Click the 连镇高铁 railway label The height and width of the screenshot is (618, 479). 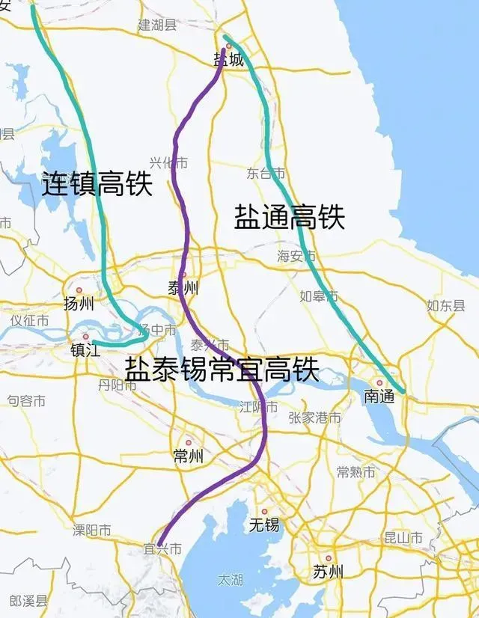pos(97,184)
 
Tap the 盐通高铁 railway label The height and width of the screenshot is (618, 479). pos(290,217)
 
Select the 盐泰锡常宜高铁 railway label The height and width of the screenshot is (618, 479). pos(222,369)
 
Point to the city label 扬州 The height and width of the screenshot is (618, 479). pos(79,304)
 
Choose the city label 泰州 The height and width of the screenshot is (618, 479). pos(183,288)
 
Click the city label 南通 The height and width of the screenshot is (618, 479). pos(379,397)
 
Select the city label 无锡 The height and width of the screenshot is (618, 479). pos(264,525)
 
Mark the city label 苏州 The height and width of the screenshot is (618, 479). pos(328,572)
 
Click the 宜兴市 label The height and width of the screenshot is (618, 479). pos(163,549)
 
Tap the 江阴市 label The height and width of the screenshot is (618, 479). pos(259,408)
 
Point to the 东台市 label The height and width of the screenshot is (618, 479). pos(266,174)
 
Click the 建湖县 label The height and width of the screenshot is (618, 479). pos(157,25)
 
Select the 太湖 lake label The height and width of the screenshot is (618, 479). pos(230,580)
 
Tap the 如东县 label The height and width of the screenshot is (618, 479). pos(446,305)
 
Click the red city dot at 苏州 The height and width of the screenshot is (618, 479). pos(328,558)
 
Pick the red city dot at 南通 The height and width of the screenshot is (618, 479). pos(379,382)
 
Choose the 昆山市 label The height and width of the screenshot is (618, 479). pos(403,538)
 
